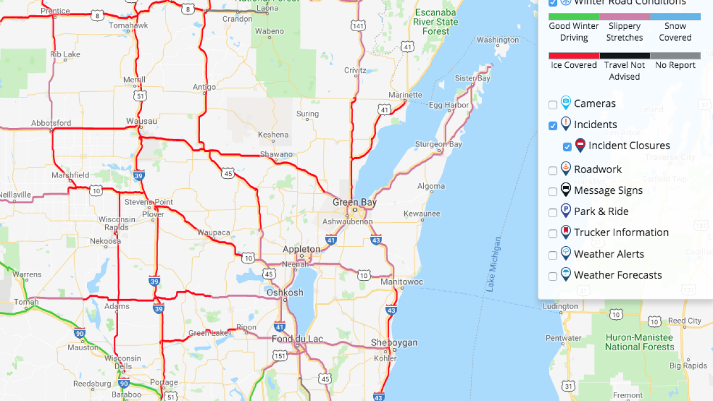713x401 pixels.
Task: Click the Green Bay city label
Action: pyautogui.click(x=354, y=202)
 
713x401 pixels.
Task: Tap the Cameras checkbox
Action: pyautogui.click(x=553, y=105)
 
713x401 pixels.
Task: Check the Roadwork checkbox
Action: pyautogui.click(x=553, y=170)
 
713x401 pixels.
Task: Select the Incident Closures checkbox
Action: pyautogui.click(x=567, y=147)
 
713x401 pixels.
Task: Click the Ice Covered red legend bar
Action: pyautogui.click(x=574, y=56)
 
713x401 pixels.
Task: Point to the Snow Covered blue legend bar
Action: pyautogui.click(x=675, y=17)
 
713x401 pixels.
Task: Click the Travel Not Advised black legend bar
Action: pyautogui.click(x=624, y=56)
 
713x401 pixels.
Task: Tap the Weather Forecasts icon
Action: pyautogui.click(x=566, y=274)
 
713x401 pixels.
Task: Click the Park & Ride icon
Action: pyautogui.click(x=566, y=211)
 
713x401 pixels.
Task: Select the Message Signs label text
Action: pyautogui.click(x=608, y=190)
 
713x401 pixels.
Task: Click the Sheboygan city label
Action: pyautogui.click(x=394, y=343)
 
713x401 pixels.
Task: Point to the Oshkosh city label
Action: pyautogui.click(x=285, y=292)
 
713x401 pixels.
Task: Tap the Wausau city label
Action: pyautogui.click(x=141, y=121)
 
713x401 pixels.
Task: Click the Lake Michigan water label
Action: pyautogui.click(x=494, y=265)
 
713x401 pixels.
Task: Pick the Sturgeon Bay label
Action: pyautogui.click(x=439, y=144)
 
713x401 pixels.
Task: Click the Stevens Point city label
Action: pyautogui.click(x=149, y=202)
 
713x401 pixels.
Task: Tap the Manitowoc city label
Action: pyautogui.click(x=402, y=282)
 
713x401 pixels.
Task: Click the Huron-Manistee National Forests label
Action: pyautogui.click(x=639, y=342)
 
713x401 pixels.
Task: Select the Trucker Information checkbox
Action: pyautogui.click(x=553, y=234)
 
